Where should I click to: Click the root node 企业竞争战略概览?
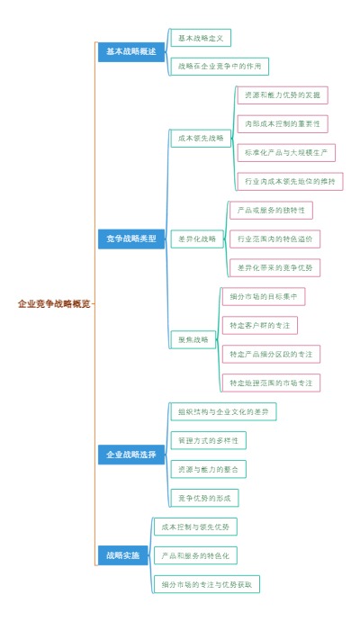(54, 304)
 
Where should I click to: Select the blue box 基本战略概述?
(130, 52)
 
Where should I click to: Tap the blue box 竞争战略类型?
(130, 239)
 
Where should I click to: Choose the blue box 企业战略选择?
(130, 455)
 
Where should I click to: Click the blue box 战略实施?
(122, 555)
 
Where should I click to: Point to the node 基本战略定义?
(200, 38)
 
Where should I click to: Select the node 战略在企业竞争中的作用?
(219, 67)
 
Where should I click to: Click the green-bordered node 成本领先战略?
(201, 139)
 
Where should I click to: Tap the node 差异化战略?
(197, 239)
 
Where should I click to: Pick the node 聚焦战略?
(193, 339)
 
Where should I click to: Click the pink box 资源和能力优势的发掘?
(282, 95)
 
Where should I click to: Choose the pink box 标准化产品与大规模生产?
(286, 152)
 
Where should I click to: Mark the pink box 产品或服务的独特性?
(270, 210)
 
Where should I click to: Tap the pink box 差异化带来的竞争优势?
(274, 267)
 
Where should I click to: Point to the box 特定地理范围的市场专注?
(271, 383)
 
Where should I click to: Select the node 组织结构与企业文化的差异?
(223, 411)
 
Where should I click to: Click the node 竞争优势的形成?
(204, 498)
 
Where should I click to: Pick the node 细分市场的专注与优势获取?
(206, 584)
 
